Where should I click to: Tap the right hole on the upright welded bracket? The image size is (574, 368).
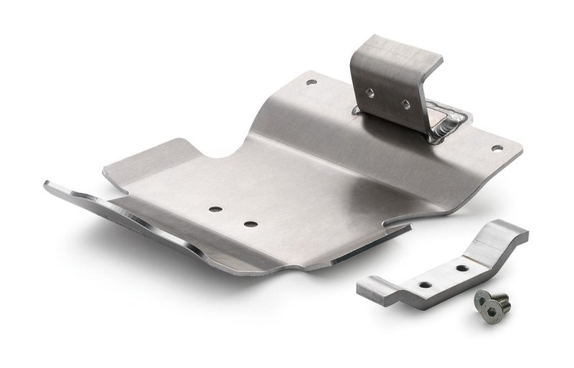406,104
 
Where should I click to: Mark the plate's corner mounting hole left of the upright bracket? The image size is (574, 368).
311,82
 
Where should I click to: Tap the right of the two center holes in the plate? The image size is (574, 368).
250,224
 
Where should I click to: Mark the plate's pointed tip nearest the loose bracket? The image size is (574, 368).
409,228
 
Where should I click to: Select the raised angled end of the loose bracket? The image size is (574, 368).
505,236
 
